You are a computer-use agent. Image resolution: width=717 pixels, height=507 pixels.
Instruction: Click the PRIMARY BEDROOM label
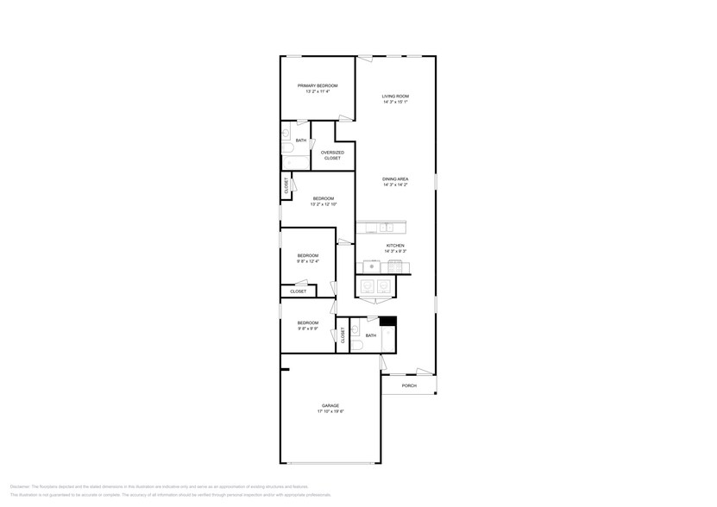click(x=317, y=85)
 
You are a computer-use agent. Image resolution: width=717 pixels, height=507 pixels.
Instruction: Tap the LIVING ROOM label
click(x=395, y=96)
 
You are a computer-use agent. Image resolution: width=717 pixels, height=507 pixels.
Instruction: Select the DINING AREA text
click(x=395, y=178)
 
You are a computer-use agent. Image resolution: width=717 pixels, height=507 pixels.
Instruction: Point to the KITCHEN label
click(x=395, y=246)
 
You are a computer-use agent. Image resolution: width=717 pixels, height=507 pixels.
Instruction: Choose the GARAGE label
click(x=330, y=405)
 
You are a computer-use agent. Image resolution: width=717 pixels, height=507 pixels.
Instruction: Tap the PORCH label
click(x=409, y=385)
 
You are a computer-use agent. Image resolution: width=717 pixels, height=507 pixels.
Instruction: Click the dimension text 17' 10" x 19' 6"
click(x=330, y=412)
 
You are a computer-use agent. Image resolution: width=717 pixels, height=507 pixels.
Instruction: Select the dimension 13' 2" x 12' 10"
click(x=324, y=204)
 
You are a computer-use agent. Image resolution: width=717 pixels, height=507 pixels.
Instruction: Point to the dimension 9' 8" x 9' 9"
click(x=308, y=329)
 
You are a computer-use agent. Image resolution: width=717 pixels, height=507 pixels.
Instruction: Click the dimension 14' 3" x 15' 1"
click(x=395, y=102)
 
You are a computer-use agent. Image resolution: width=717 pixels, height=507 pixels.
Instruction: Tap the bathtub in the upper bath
click(x=289, y=160)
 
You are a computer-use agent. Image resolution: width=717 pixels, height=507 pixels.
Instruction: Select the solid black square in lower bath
click(x=387, y=323)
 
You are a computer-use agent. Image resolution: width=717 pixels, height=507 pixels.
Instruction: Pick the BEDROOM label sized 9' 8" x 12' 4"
click(x=308, y=255)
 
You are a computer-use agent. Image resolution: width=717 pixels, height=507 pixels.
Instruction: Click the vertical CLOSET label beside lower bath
click(x=343, y=335)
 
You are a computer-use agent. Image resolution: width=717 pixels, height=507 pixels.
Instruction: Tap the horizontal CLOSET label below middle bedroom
click(x=298, y=291)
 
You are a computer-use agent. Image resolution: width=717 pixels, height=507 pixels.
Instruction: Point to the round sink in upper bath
click(x=286, y=133)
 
